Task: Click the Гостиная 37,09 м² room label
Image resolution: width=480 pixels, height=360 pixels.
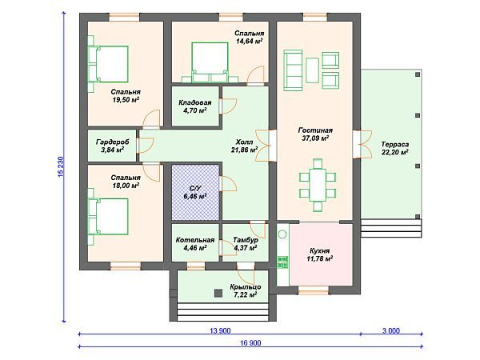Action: tap(315, 134)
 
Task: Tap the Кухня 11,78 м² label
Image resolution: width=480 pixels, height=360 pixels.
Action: tap(319, 254)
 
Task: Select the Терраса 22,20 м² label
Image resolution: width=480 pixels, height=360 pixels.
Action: tap(395, 148)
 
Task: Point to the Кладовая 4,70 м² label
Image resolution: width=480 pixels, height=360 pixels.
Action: tap(195, 106)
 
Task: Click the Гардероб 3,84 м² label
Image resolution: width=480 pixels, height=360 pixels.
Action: tap(112, 146)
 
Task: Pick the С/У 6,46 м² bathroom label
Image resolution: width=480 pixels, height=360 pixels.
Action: tap(194, 192)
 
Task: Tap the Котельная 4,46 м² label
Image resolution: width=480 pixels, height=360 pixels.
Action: tap(195, 244)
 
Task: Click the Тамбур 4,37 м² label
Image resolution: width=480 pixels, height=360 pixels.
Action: tap(246, 244)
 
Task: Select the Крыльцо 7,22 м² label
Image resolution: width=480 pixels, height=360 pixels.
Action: tap(246, 291)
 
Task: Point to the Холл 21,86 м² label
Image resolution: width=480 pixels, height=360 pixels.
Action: tap(244, 146)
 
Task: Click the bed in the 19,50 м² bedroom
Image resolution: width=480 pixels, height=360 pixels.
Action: tap(108, 64)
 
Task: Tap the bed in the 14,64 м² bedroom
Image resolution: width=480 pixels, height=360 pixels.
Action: tap(210, 62)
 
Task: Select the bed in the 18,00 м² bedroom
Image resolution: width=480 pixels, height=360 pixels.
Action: tap(108, 217)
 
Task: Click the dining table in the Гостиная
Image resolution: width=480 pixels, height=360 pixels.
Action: tap(318, 185)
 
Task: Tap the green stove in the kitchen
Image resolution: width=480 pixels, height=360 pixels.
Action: tap(282, 262)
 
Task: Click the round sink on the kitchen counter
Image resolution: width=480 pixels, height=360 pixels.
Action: tap(282, 234)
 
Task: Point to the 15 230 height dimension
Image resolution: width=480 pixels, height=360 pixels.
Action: tap(61, 167)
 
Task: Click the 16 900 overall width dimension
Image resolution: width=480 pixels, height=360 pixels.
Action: tap(250, 342)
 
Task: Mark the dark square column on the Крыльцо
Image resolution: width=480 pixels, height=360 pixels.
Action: tap(218, 293)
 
